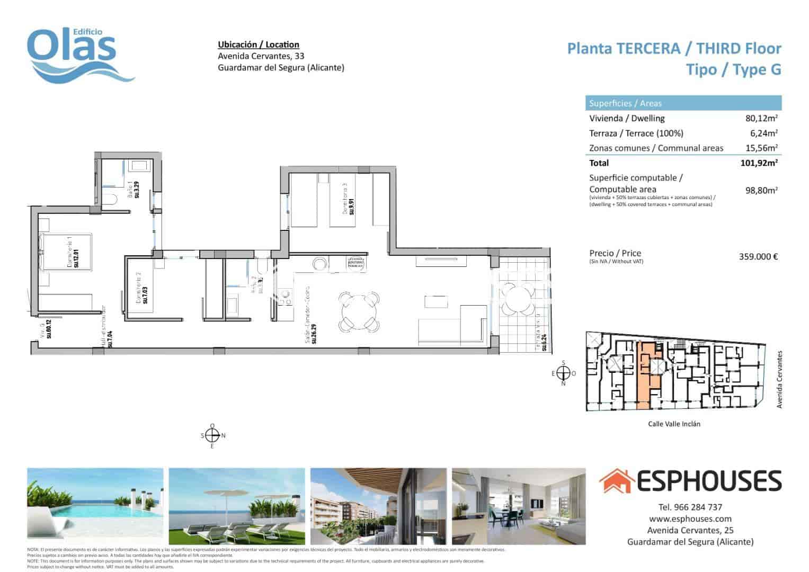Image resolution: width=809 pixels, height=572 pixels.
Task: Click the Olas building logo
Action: click(79, 56)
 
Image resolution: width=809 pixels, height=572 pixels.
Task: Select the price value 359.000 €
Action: click(758, 257)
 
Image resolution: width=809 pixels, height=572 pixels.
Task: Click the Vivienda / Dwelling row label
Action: click(626, 119)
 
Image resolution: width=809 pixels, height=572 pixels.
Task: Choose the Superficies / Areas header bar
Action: click(683, 103)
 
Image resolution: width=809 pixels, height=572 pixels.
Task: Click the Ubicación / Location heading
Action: click(259, 45)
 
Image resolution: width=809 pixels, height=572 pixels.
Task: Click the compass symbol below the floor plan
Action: click(212, 435)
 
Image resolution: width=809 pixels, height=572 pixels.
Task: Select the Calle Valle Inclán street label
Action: click(674, 424)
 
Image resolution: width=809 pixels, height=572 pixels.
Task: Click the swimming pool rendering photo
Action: click(95, 506)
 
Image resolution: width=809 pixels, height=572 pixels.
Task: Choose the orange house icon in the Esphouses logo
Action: click(617, 481)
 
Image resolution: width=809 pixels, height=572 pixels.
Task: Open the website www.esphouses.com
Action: click(690, 519)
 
